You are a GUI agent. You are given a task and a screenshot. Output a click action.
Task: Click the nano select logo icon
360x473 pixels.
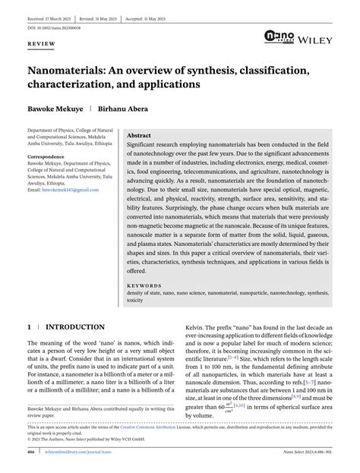278,36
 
